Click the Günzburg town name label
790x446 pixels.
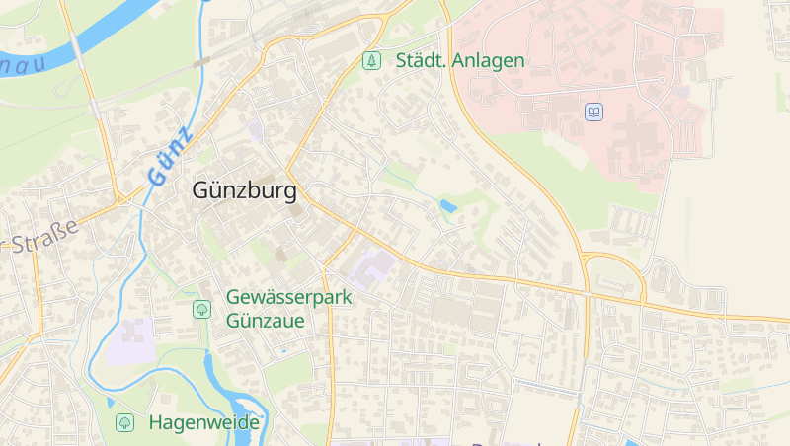click(244, 189)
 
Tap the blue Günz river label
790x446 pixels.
click(171, 156)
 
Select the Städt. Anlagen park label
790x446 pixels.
click(460, 60)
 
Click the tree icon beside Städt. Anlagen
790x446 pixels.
click(371, 60)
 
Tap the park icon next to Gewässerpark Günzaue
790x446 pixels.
click(201, 309)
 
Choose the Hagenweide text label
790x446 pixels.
click(203, 422)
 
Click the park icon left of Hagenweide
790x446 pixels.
click(124, 422)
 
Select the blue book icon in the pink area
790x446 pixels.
click(593, 111)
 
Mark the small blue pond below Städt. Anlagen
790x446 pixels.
click(448, 206)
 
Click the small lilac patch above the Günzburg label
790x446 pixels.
click(256, 129)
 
